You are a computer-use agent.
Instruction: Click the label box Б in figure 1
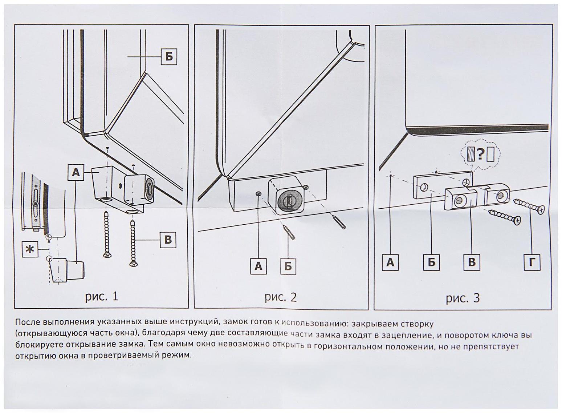(169, 57)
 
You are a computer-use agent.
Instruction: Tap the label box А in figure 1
(76, 172)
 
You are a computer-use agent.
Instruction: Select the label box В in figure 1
(168, 240)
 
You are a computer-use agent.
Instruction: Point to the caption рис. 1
(102, 296)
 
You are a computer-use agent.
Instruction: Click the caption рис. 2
(281, 297)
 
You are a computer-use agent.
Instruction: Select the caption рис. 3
(463, 298)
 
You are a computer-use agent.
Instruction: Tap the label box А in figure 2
(258, 266)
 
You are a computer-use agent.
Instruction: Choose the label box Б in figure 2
(288, 266)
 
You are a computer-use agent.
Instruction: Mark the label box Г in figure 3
(532, 262)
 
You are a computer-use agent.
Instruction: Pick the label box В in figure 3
(472, 262)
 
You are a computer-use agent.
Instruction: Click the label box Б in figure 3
(432, 262)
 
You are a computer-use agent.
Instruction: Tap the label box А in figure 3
(390, 262)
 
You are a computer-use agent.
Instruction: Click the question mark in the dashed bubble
(480, 154)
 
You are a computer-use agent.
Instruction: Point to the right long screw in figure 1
(133, 242)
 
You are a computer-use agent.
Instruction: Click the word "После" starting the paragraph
(27, 322)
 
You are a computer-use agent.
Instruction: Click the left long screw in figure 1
(106, 234)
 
